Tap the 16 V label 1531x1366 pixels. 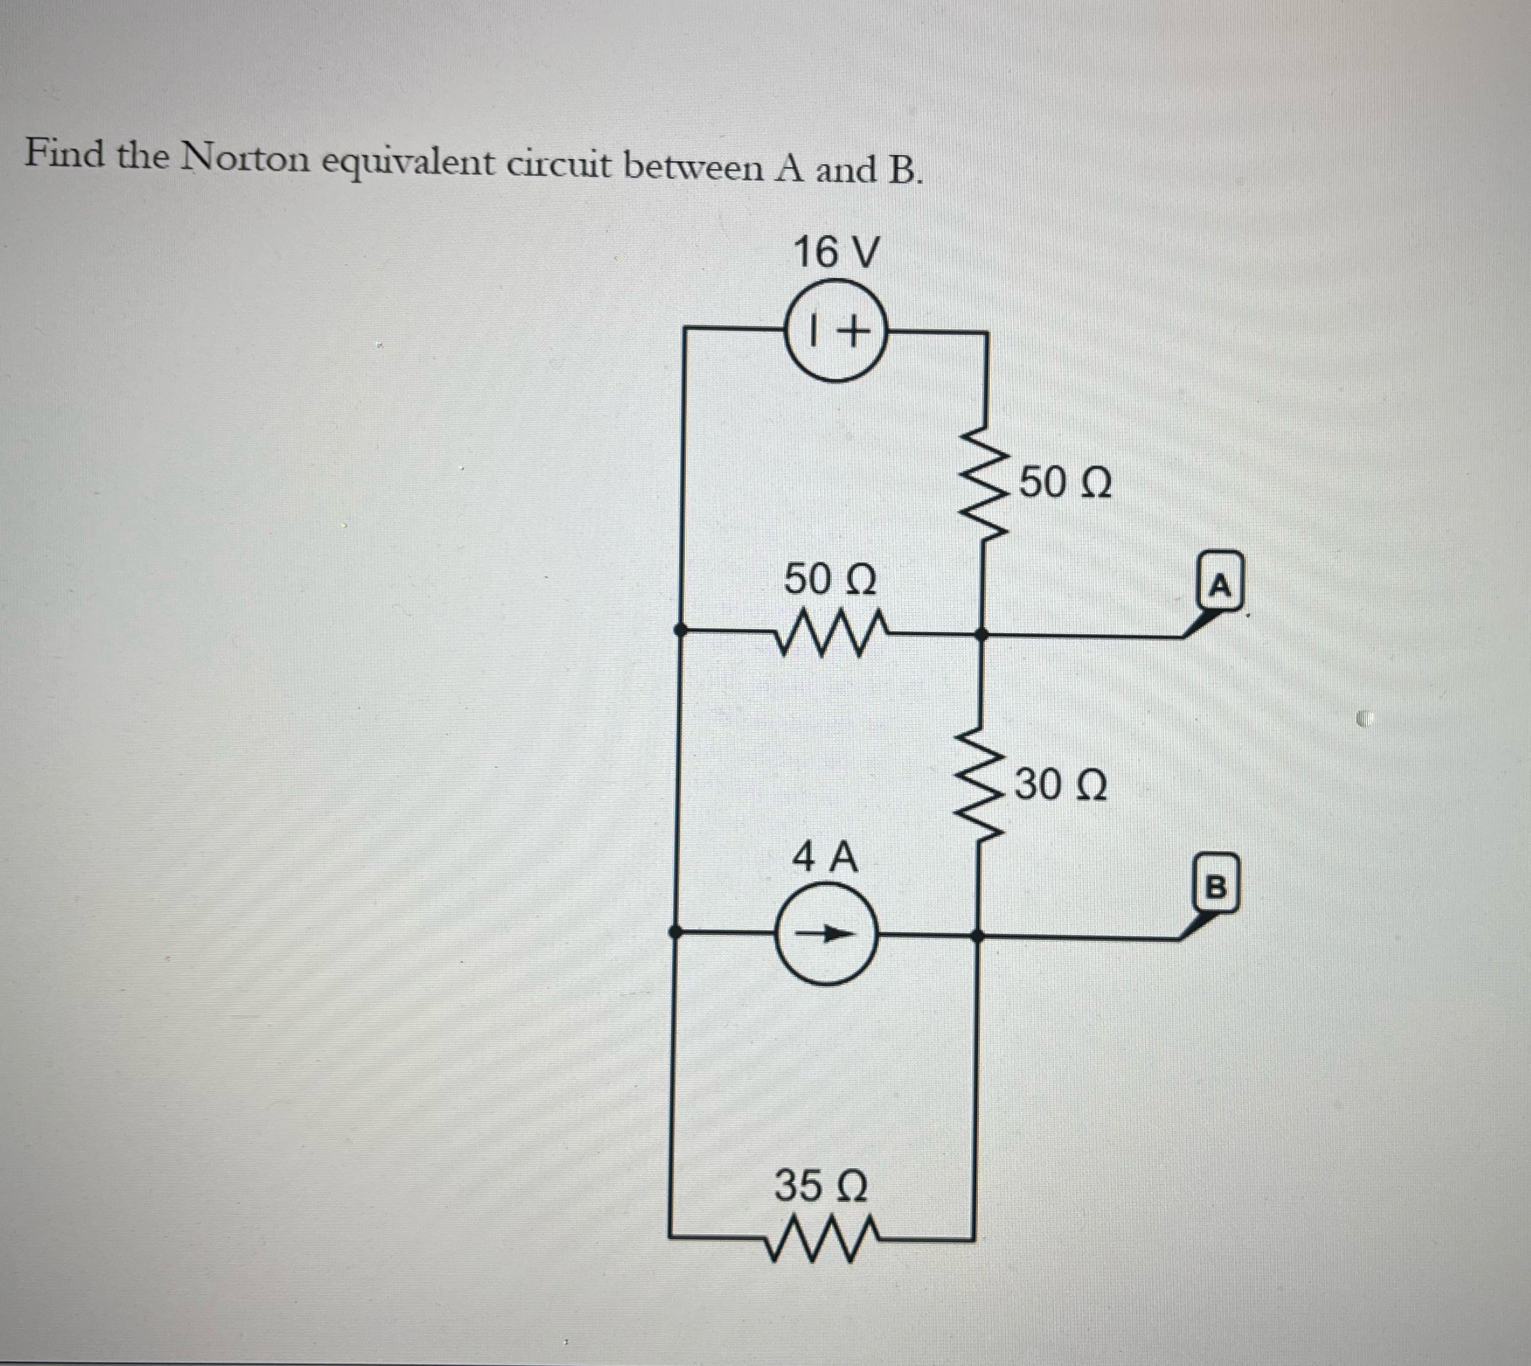point(834,252)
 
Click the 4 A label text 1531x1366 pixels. point(826,857)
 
